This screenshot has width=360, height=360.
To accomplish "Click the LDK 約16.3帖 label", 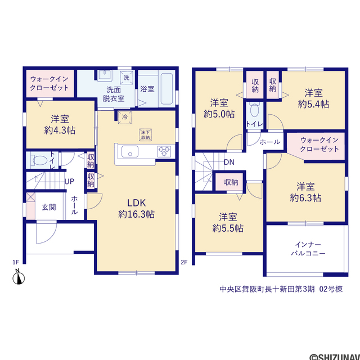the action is tap(136, 209).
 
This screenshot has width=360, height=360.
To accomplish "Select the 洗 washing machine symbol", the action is tap(127, 78).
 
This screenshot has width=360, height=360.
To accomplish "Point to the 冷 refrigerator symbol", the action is tap(125, 118).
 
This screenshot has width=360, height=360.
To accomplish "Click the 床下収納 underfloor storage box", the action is tap(145, 135).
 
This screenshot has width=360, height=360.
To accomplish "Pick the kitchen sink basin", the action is tap(130, 151).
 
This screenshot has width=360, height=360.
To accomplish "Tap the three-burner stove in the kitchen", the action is tap(164, 151).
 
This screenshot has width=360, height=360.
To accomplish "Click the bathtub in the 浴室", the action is tap(166, 89).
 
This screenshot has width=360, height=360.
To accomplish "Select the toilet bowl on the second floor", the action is tap(254, 111).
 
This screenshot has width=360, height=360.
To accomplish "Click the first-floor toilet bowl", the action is tap(39, 160).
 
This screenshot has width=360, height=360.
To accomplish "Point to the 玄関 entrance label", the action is tap(49, 208).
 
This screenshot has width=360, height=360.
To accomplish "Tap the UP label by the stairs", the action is tap(69, 182).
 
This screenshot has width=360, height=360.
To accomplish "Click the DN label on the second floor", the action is tap(229, 163).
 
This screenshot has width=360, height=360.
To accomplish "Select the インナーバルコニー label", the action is tap(308, 249).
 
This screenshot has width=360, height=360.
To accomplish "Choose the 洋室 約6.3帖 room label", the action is tap(305, 192).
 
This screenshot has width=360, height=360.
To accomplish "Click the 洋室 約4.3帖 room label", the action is tap(60, 125).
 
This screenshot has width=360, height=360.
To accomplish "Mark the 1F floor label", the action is tap(16, 262).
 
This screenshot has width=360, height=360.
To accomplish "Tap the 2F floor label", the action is tap(184, 262).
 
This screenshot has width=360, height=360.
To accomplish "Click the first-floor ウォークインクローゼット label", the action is tap(49, 83).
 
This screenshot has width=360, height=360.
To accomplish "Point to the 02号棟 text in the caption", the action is tap(331, 289).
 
